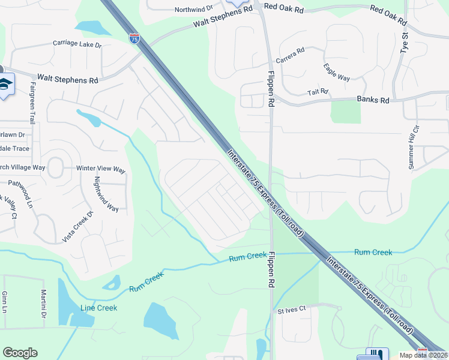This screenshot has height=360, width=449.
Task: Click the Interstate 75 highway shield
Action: point(134,38)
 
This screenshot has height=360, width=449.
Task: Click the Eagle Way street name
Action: point(336,73)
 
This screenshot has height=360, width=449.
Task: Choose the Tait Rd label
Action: point(318,92)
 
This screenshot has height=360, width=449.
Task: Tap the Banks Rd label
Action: point(373,100)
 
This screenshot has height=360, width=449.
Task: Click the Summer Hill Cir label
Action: point(413,148)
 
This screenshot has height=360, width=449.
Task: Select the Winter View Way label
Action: point(101,169)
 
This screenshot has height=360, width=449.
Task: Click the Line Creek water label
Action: point(99,308)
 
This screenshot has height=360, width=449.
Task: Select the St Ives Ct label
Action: point(292,310)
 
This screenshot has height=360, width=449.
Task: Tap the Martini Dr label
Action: point(44,304)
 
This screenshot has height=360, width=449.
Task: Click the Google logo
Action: point(20,353)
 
